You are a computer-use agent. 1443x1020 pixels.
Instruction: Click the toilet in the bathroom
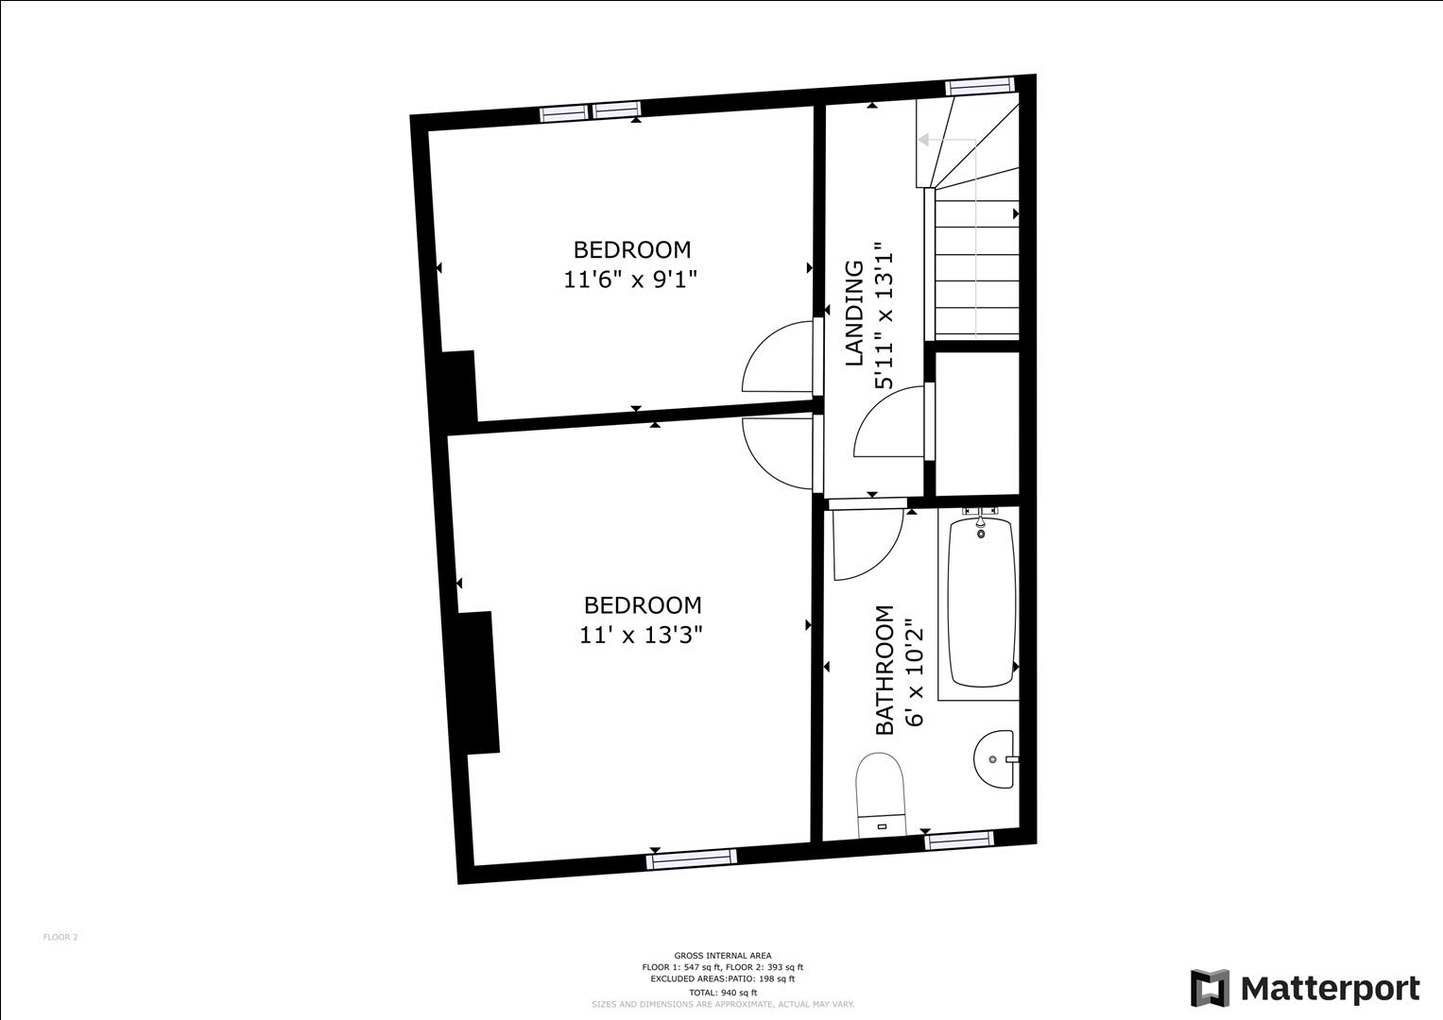tap(880, 794)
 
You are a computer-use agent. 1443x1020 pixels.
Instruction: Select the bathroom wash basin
tap(994, 758)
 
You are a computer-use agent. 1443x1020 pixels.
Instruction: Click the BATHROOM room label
tap(885, 670)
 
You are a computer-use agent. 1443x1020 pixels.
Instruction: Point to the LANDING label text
tap(854, 313)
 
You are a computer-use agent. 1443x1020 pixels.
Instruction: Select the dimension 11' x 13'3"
tap(641, 635)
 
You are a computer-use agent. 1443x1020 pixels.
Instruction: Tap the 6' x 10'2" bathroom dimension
tap(914, 671)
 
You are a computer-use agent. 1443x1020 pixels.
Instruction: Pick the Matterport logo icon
tap(1209, 988)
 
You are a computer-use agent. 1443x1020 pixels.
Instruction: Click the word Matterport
tap(1330, 989)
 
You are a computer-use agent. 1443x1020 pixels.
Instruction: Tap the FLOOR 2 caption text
tap(60, 937)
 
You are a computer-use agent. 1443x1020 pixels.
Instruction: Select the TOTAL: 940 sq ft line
tap(723, 993)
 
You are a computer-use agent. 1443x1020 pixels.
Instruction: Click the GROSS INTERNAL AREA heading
tap(723, 956)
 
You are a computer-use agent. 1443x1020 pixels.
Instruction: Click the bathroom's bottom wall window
tap(959, 839)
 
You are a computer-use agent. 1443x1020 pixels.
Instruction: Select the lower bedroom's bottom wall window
tap(691, 858)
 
